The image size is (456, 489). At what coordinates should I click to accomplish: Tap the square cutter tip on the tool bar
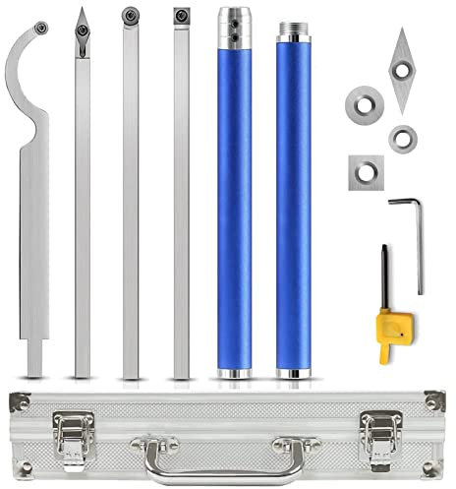[x=179, y=17]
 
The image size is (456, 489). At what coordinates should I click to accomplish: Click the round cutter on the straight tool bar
[x=130, y=16]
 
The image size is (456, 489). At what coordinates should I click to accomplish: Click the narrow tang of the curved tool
[x=33, y=350]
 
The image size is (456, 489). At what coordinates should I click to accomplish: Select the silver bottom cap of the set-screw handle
[x=237, y=374]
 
